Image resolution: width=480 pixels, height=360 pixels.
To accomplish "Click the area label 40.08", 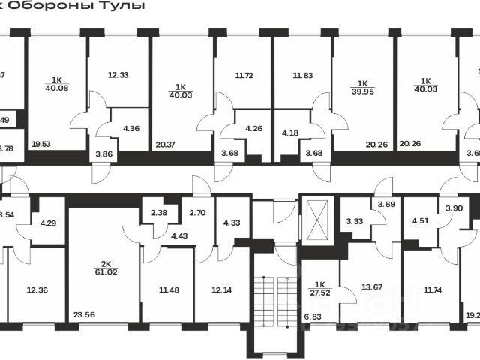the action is coord(56,87).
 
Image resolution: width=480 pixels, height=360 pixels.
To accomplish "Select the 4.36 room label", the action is coord(130,127).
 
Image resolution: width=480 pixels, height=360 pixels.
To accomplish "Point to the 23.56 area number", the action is coord(84,316).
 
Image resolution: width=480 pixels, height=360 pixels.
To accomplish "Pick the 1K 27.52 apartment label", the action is coord(319,289).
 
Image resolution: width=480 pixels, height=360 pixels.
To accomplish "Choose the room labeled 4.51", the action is coord(421,220).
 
